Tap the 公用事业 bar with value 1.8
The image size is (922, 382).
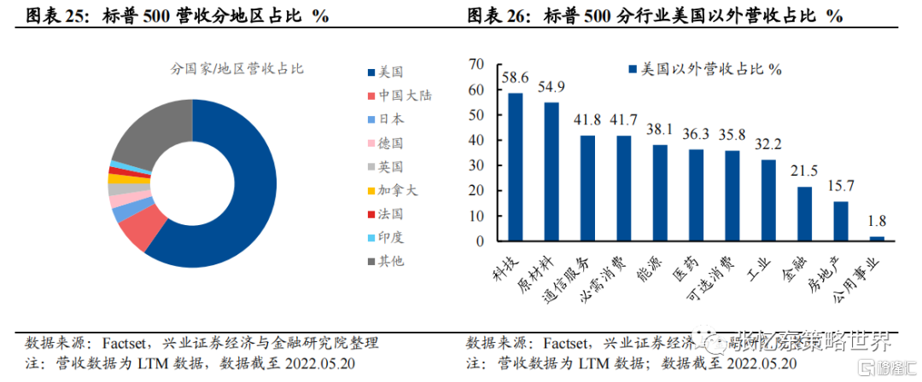pos(877,237)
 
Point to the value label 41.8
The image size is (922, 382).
pos(587,119)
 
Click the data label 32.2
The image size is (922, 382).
pos(768,143)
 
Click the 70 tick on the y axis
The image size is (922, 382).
pos(476,64)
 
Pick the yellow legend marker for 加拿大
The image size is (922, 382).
pos(371,189)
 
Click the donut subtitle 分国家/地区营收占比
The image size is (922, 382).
pos(225,67)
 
